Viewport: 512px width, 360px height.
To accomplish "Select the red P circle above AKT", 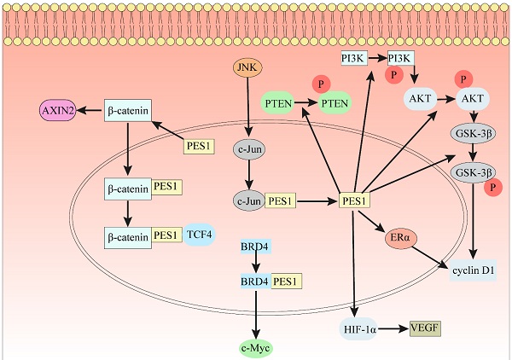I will (463, 79).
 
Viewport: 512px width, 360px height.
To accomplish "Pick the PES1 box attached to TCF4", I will (166, 234).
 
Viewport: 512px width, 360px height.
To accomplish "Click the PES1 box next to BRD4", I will (286, 280).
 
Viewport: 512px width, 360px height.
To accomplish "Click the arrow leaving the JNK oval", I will (247, 107).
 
